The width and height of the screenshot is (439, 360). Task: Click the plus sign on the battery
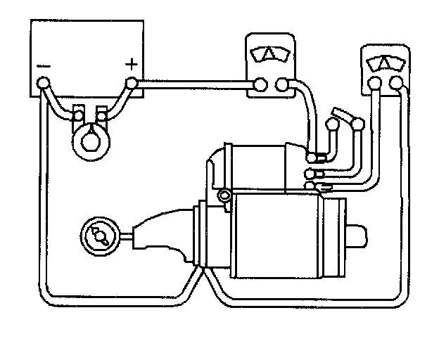point(131,64)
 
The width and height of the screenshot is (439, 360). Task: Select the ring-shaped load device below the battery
point(91,139)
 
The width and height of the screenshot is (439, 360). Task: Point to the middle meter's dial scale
point(271,54)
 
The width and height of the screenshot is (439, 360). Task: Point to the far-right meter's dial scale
point(386,61)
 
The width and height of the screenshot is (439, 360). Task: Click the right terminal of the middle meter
point(282,85)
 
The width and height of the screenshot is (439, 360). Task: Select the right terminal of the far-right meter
point(397,85)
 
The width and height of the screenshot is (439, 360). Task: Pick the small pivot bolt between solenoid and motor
point(224,195)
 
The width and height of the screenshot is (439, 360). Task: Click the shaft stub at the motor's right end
point(358,235)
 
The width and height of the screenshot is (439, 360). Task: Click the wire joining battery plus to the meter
point(197,85)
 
